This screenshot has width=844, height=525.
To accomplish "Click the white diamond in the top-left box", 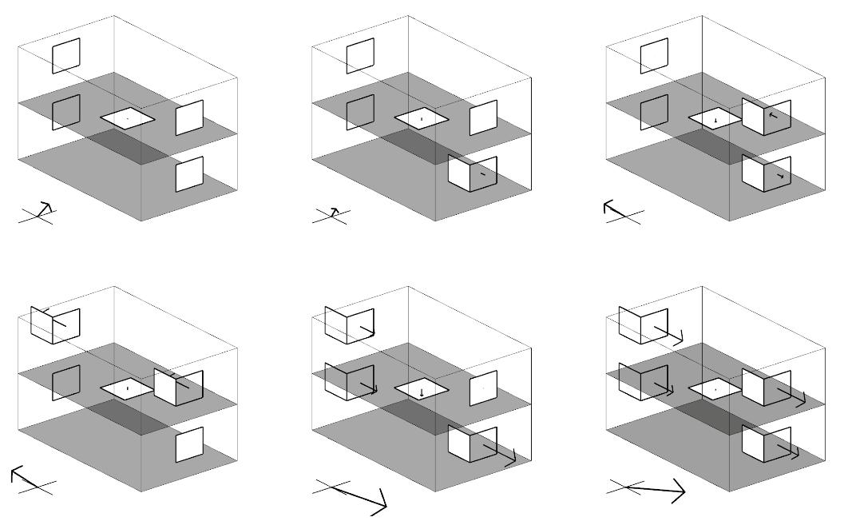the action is point(128,118).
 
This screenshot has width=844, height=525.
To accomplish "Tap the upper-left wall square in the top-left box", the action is point(66,56).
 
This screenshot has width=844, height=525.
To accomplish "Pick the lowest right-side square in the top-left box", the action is point(189,173).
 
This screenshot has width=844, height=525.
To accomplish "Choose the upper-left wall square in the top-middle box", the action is point(360,56).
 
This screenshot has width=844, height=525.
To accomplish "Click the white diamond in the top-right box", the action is point(715,118).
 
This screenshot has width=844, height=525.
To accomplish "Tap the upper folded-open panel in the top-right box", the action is point(766,117).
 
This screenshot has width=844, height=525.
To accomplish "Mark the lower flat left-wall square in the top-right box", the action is point(654,113).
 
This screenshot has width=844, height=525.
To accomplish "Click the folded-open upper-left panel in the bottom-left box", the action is point(55,324).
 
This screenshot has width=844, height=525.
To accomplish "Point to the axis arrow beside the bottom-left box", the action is point(24,477).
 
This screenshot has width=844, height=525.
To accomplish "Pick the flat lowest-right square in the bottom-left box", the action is point(189,444).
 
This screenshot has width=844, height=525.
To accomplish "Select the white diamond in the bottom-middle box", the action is point(422,389).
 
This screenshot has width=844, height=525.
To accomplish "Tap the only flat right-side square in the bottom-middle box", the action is point(483,388).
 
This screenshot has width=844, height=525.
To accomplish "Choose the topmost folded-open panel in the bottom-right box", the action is point(643,324).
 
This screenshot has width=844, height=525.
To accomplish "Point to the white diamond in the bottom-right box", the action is point(715,389).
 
